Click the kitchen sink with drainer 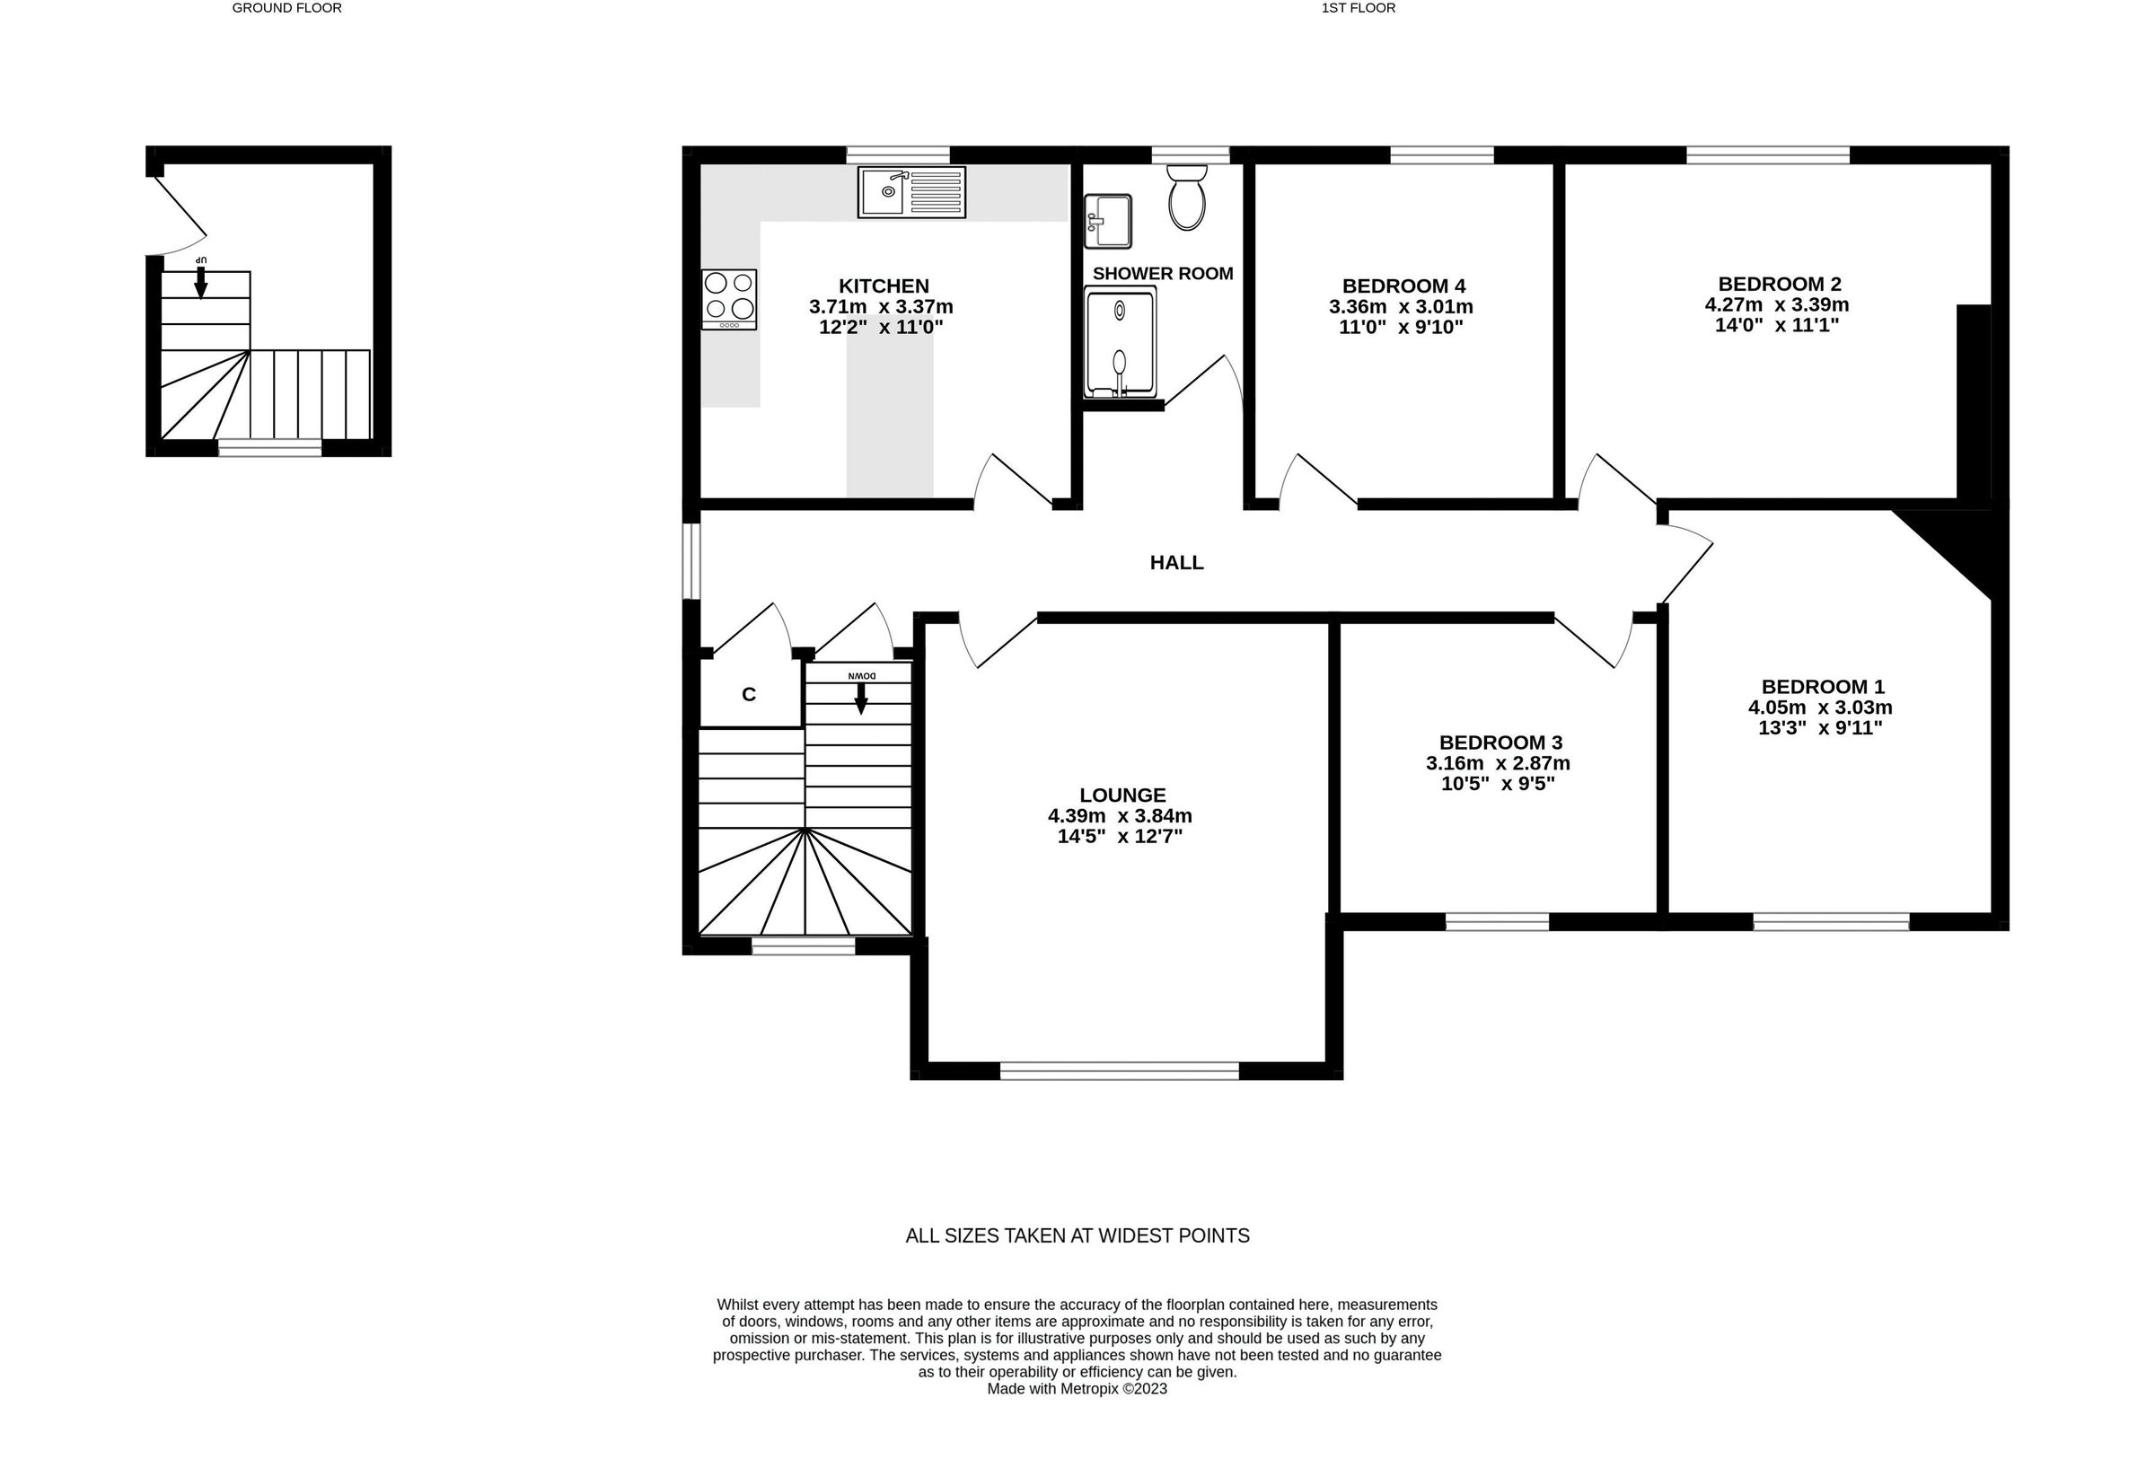(x=910, y=192)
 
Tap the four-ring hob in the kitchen (x=729, y=299)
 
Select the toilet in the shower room (x=1186, y=198)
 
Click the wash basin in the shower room (x=1107, y=221)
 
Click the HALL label (x=1175, y=562)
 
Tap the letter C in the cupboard (x=748, y=695)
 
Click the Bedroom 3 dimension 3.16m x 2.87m (x=1498, y=763)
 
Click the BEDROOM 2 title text (x=1779, y=284)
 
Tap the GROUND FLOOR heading (x=286, y=8)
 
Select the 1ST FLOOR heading (x=1358, y=8)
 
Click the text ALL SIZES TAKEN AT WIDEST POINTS (x=1077, y=1235)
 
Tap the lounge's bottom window (x=1118, y=1071)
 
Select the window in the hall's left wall (x=690, y=561)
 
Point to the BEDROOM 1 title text (x=1822, y=686)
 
